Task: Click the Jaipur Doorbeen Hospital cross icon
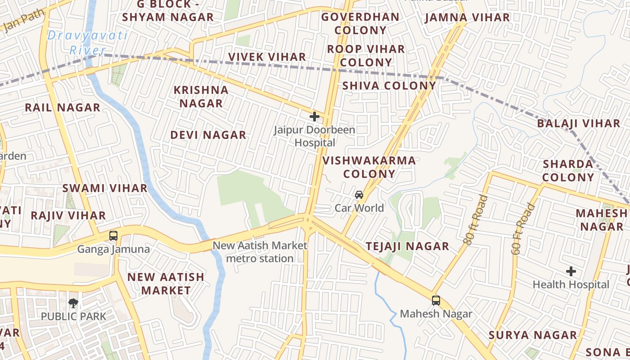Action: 315,117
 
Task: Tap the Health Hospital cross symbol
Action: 571,271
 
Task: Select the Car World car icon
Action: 359,195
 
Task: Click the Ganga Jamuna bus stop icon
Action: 113,235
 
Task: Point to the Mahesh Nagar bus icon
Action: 436,301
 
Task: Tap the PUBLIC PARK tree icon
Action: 73,303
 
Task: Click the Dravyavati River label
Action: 87,43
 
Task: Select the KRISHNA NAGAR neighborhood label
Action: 201,97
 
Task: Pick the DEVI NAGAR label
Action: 208,135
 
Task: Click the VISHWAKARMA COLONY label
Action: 369,167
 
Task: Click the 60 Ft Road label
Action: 524,229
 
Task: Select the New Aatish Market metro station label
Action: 260,252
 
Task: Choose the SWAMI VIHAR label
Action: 105,188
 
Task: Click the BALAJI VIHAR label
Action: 579,123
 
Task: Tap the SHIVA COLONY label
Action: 389,85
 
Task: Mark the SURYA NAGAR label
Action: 533,335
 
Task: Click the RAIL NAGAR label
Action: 63,108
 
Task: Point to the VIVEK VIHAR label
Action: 267,57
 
